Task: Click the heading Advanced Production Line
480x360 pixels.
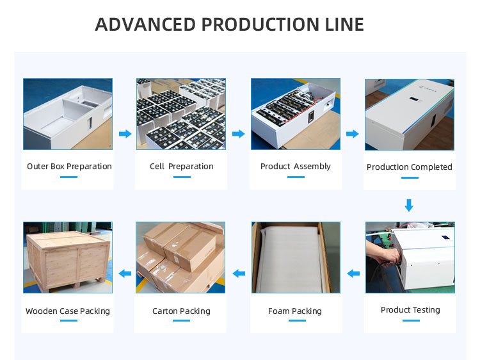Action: (229, 24)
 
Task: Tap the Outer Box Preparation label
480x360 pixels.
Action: (69, 167)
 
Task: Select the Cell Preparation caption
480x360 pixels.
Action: (182, 167)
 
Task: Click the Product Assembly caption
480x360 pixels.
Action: (295, 167)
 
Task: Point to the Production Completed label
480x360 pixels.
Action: (409, 167)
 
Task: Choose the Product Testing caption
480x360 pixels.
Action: (410, 310)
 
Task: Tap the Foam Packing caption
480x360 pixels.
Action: (295, 311)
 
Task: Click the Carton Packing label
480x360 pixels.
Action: (181, 311)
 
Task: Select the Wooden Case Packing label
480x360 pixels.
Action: (68, 311)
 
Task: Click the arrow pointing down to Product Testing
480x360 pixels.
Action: (410, 206)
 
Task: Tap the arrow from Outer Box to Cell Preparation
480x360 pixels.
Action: (125, 134)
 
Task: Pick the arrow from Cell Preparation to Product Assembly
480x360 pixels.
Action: (239, 134)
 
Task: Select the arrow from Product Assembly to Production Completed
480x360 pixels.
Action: (352, 134)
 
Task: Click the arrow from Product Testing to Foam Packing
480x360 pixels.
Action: (353, 274)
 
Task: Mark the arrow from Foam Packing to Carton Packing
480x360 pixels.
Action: (239, 274)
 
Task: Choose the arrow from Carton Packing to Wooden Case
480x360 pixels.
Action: (125, 274)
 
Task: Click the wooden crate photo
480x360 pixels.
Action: (68, 257)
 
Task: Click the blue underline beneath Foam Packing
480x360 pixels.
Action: (296, 322)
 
